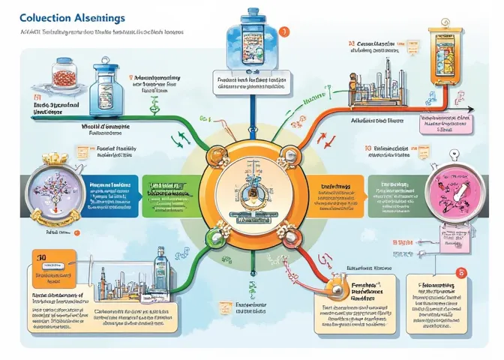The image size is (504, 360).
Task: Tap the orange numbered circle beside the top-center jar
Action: coord(283,31)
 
